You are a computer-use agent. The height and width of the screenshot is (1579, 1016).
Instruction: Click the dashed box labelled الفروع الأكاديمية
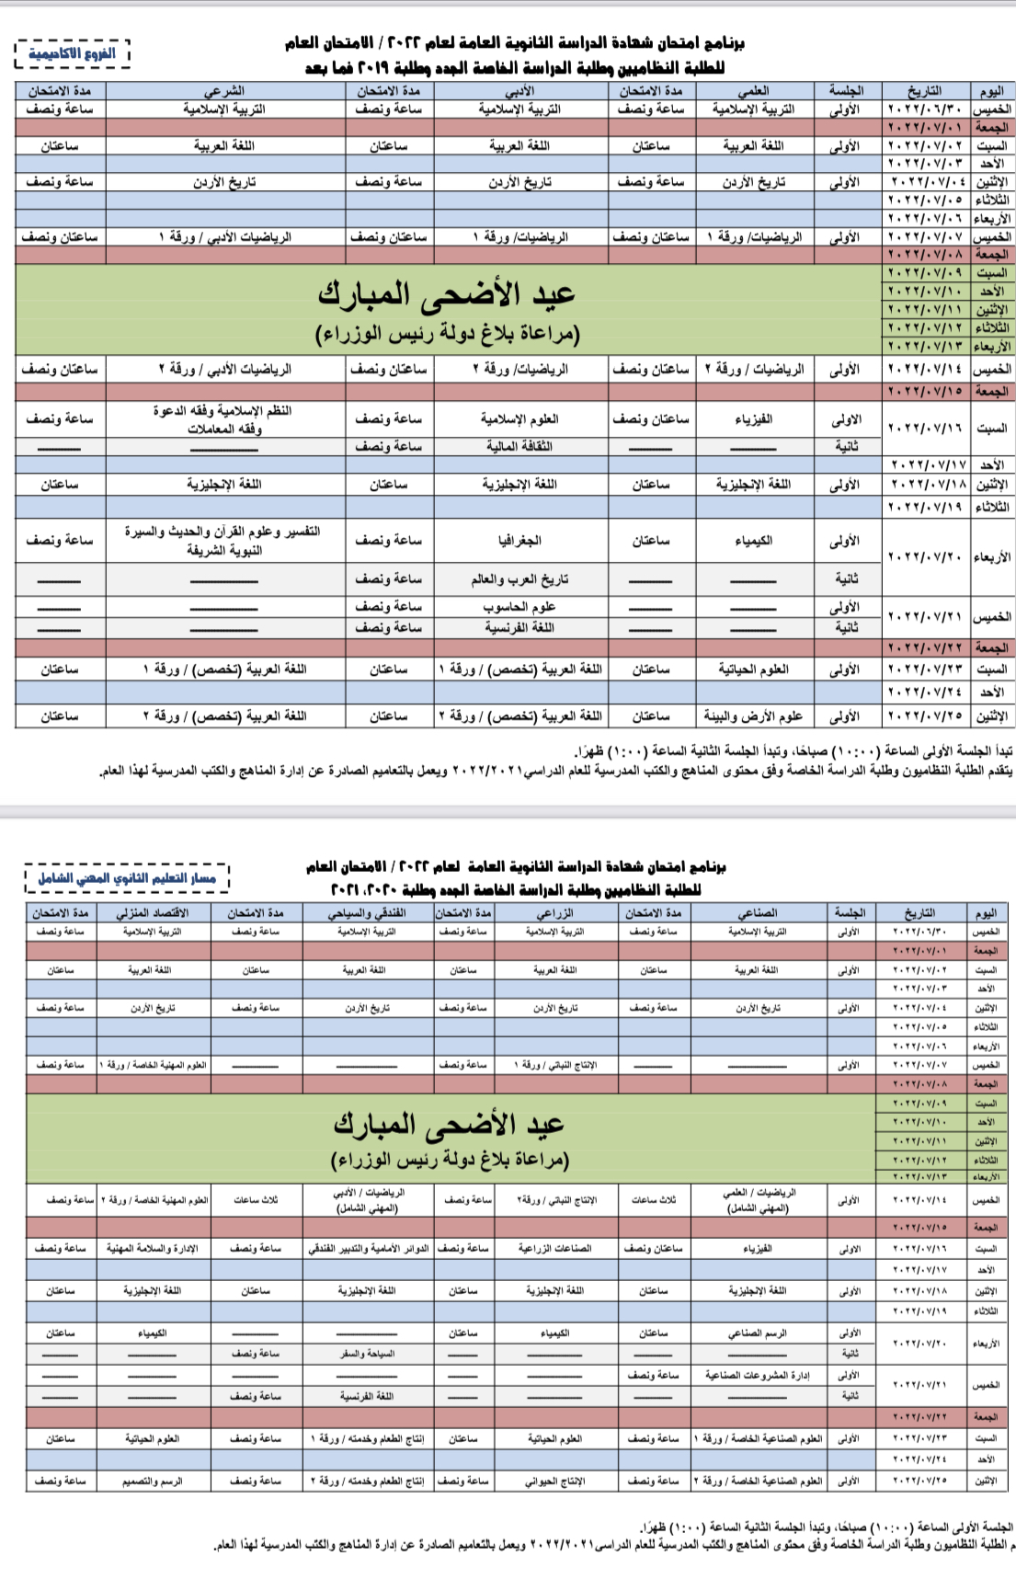point(73,53)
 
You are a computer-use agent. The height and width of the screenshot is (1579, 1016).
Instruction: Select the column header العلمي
point(754,91)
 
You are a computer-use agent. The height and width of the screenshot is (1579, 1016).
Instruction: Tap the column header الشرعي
point(224,91)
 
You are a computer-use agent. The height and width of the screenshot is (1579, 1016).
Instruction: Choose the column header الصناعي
point(758,912)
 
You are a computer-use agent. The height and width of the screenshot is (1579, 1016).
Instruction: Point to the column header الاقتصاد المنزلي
point(153,912)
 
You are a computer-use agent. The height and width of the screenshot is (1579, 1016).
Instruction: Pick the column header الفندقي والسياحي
point(367,912)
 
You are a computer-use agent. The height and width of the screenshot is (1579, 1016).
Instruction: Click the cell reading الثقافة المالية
point(519,446)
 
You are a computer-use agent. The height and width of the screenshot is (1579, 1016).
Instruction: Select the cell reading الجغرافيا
point(519,541)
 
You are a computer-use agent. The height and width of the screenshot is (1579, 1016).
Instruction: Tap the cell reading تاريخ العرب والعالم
point(519,579)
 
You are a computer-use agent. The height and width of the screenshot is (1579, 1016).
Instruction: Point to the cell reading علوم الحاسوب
point(519,607)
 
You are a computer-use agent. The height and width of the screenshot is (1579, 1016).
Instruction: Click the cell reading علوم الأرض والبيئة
point(753,715)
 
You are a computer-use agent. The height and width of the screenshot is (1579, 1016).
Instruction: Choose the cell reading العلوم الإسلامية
point(519,418)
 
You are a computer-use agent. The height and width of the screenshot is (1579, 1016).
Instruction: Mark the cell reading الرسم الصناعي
point(758,1333)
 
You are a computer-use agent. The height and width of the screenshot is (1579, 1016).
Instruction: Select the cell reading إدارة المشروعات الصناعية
point(758,1375)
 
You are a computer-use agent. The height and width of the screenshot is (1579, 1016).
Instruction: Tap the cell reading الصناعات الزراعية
point(554,1248)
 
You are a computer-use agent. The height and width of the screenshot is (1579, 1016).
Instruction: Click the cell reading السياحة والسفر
point(367,1354)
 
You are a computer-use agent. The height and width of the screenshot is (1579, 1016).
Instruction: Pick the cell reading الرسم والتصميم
point(153,1482)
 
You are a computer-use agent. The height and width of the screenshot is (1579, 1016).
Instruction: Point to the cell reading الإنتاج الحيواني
point(554,1482)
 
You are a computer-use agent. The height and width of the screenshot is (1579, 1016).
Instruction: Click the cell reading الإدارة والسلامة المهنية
point(153,1248)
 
